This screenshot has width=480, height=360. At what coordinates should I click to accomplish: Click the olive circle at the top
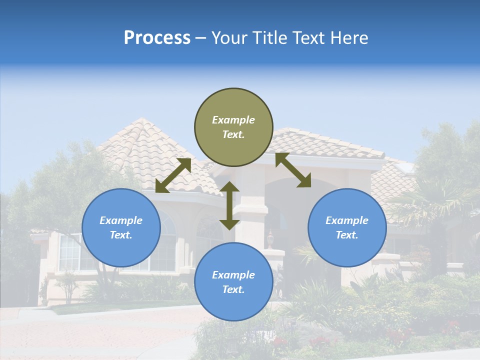pos(233,127)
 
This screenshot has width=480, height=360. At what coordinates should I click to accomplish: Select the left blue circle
pos(121,227)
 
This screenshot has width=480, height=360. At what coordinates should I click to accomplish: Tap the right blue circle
pos(347,227)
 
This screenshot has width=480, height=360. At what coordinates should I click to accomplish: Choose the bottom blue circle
pos(233,282)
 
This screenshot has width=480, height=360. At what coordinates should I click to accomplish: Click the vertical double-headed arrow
pos(229,205)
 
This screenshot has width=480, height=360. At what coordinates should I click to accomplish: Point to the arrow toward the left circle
pos(173,175)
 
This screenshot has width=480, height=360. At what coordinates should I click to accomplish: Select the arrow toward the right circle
pos(293,170)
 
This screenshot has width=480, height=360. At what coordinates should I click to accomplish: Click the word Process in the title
pos(157,37)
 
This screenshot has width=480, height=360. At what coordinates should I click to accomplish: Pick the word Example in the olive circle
pos(233,120)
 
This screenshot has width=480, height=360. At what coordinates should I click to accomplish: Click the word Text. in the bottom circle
pos(233,289)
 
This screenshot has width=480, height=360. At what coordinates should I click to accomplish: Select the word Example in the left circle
pos(121,220)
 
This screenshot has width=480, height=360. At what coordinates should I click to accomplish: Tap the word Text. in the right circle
pos(347,235)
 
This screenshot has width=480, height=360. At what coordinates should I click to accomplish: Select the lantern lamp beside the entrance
pos(270,239)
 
